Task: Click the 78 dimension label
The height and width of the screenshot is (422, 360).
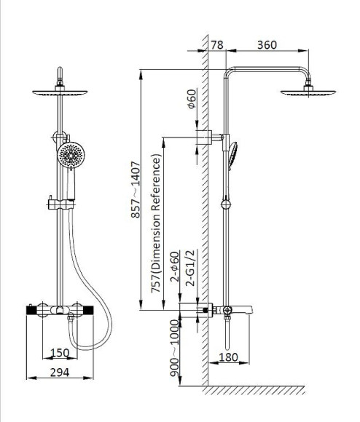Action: [217, 45]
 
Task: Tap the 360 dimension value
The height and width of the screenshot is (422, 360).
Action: [267, 45]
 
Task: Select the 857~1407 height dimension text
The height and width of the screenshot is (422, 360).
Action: [136, 189]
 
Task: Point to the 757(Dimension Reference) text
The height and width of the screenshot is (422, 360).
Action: [156, 223]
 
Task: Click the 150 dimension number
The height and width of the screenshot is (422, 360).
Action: [60, 353]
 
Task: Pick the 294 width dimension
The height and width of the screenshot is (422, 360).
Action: [60, 373]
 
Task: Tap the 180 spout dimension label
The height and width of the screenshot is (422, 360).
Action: [229, 357]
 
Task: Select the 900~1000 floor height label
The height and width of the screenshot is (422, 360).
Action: [175, 348]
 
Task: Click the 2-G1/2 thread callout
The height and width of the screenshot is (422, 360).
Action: [190, 268]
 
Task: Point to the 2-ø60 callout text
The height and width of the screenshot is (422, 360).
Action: [175, 266]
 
